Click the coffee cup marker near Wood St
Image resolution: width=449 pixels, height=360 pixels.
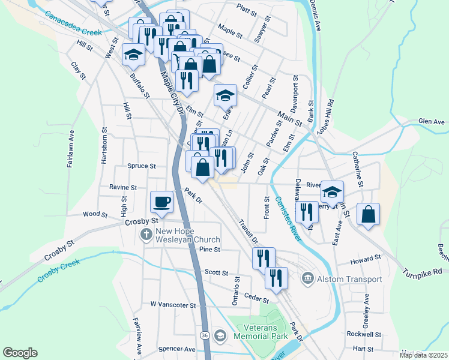click(161, 202)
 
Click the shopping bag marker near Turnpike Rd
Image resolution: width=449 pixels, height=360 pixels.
click(368, 215)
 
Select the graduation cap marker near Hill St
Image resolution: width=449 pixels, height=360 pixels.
click(133, 55)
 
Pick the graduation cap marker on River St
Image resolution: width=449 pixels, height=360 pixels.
click(331, 193)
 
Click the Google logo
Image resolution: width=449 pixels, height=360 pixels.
click(20, 352)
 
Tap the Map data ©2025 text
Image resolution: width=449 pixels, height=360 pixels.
click(423, 355)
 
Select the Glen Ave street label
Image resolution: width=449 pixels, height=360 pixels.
click(432, 122)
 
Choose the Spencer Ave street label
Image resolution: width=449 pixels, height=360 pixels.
click(178, 349)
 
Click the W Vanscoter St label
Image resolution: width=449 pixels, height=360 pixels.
click(173, 305)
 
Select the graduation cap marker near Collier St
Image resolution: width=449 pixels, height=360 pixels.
click(226, 95)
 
